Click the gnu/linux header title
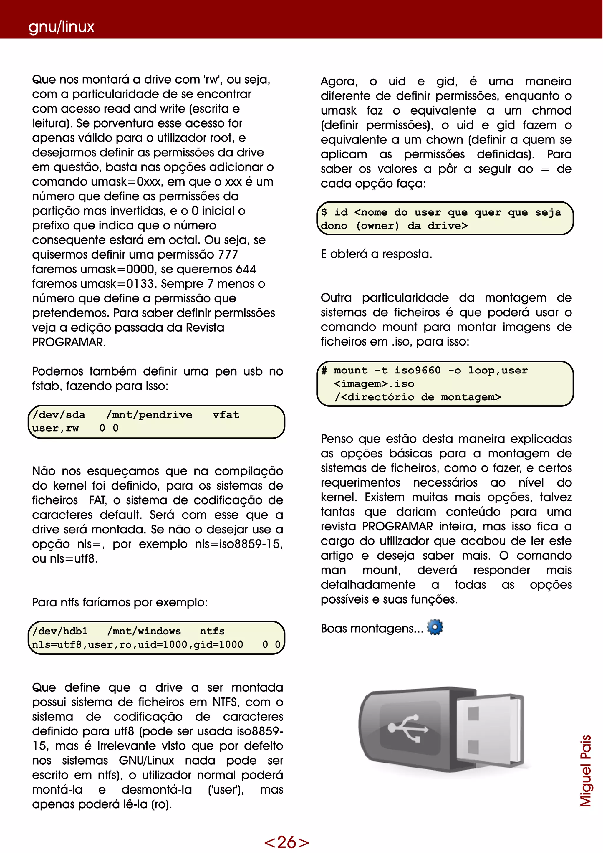click(61, 27)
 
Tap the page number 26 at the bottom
click(286, 842)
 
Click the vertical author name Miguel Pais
click(586, 771)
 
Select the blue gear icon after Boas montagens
click(435, 627)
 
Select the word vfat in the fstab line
click(226, 415)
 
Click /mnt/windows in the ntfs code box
click(144, 631)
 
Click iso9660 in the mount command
click(417, 371)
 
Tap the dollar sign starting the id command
click(324, 212)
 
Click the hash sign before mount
click(324, 371)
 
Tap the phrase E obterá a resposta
click(376, 254)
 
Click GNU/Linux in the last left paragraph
click(146, 761)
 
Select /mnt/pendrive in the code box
click(149, 415)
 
